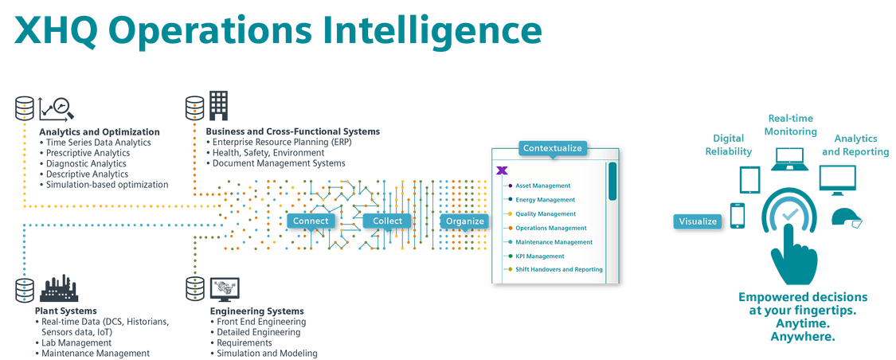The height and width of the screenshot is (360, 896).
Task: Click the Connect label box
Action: click(x=311, y=221)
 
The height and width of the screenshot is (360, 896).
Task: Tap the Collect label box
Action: click(x=387, y=221)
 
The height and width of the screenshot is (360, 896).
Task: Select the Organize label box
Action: click(x=464, y=221)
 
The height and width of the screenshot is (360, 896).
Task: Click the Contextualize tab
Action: click(x=552, y=148)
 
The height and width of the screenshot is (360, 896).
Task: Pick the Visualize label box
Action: click(x=698, y=221)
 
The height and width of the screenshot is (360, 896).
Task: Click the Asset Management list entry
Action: click(x=543, y=186)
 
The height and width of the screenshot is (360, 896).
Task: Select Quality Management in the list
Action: click(x=546, y=213)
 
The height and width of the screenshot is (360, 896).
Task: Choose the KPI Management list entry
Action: click(x=540, y=256)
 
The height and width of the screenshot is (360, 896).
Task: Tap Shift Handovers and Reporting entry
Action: click(x=559, y=269)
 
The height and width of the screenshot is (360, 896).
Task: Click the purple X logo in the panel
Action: click(x=503, y=170)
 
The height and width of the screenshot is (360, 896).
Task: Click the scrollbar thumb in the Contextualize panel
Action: click(x=612, y=181)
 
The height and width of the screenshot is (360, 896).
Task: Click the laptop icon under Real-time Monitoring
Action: click(x=790, y=158)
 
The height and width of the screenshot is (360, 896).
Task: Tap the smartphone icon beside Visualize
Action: click(x=738, y=215)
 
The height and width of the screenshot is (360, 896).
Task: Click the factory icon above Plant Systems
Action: click(x=58, y=288)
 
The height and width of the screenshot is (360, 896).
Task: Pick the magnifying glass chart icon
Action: click(x=56, y=108)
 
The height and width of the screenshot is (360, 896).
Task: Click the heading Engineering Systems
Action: click(x=257, y=311)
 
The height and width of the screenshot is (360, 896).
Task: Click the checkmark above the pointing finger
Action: click(x=790, y=215)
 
